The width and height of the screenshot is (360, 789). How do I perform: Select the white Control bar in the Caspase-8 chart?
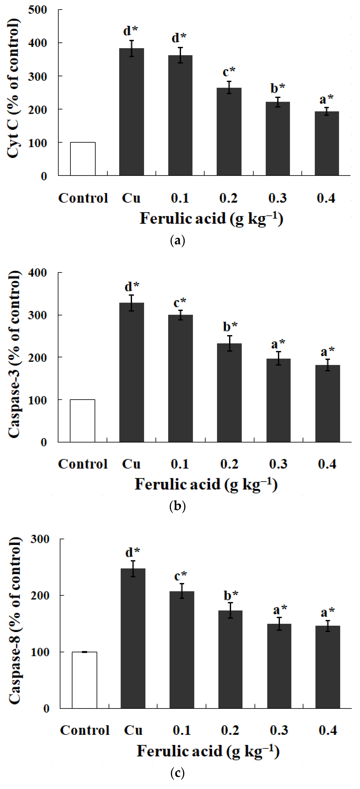[x=84, y=680]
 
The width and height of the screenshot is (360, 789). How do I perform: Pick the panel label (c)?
[x=177, y=773]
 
